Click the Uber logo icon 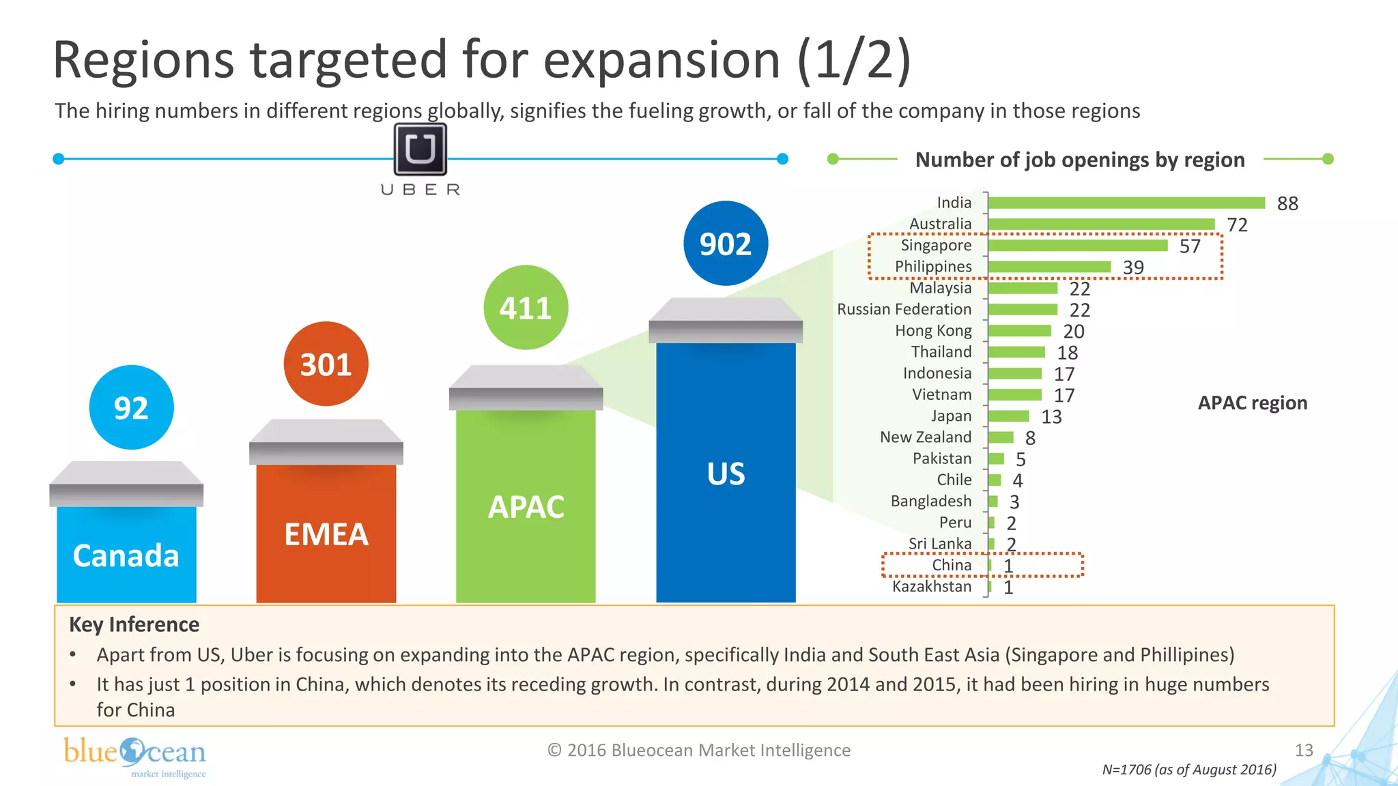click(420, 149)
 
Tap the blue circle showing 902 click(726, 244)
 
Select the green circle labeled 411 click(526, 308)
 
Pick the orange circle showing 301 click(326, 364)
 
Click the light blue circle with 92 click(131, 408)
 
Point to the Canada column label click(126, 555)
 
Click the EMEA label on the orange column click(326, 534)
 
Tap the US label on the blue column click(726, 474)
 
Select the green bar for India click(1126, 203)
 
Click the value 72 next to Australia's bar click(1237, 224)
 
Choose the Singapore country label click(936, 245)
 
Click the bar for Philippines click(1049, 267)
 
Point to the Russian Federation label click(904, 309)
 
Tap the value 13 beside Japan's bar click(1051, 417)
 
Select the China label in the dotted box click(952, 565)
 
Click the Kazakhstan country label click(932, 586)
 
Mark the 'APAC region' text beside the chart click(1253, 403)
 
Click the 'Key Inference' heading click(134, 624)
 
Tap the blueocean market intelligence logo click(135, 756)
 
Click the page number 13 click(1304, 751)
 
